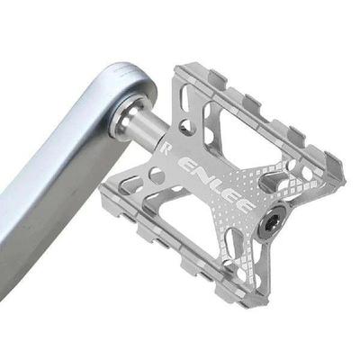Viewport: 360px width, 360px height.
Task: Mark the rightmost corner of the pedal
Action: [342, 167]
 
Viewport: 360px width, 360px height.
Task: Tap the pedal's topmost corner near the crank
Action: [184, 66]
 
